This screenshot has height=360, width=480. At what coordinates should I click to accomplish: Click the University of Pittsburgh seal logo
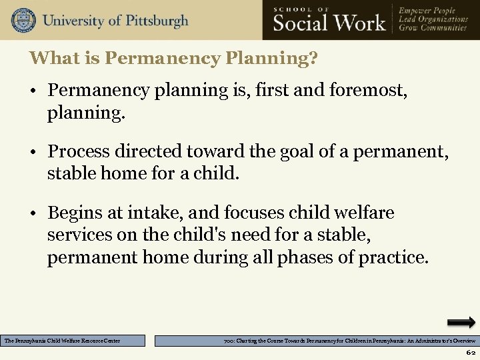[23, 20]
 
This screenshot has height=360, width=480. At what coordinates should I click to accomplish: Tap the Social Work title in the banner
[329, 23]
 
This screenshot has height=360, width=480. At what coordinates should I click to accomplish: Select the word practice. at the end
[393, 257]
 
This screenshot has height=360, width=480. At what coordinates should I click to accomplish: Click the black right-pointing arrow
[461, 323]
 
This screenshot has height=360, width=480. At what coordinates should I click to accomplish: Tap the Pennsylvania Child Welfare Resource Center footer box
[73, 341]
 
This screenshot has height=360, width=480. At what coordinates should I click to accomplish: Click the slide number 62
[471, 352]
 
